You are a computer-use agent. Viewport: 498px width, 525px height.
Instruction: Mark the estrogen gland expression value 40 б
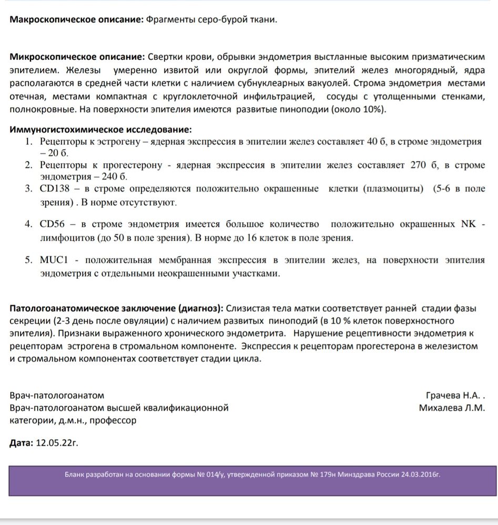pyautogui.click(x=371, y=142)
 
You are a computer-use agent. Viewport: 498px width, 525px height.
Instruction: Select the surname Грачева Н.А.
pyautogui.click(x=453, y=395)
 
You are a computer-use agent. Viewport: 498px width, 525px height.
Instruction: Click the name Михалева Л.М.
pyautogui.click(x=452, y=408)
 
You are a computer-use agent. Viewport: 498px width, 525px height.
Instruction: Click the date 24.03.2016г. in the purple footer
pyautogui.click(x=418, y=474)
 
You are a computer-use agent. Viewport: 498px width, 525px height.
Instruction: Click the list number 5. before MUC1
pyautogui.click(x=29, y=260)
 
